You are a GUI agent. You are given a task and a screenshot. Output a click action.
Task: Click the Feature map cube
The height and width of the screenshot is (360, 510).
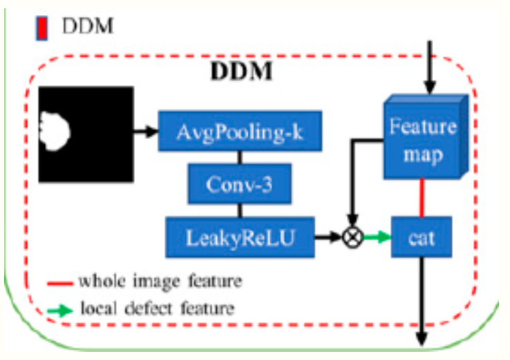coord(423,139)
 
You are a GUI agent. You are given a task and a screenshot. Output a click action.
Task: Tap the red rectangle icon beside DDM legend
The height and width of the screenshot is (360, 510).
coord(41,29)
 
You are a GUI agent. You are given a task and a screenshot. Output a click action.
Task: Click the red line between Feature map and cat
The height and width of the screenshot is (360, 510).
coord(423,198)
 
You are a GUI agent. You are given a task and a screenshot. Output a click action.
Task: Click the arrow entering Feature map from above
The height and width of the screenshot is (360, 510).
coord(430,68)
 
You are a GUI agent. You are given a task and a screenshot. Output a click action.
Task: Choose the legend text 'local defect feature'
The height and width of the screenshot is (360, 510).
coord(157,308)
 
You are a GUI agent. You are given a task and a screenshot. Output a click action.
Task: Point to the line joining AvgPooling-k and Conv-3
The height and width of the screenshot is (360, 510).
coord(239,157)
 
